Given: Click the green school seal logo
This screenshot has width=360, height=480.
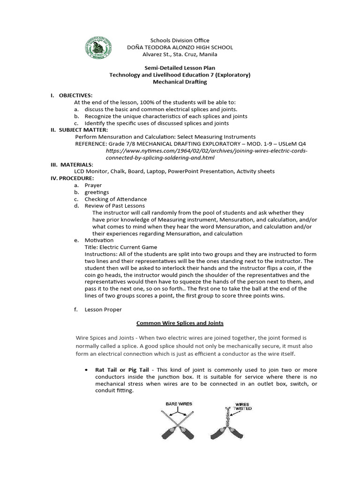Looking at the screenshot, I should (x=98, y=49).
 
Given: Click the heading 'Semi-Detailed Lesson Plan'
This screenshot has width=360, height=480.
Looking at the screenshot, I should (x=180, y=68).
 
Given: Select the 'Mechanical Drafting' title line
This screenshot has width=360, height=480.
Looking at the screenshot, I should (x=180, y=82).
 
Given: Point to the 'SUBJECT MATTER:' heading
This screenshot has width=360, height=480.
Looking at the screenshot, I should (x=82, y=130).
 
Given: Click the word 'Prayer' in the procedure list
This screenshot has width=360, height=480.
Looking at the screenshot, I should (x=93, y=185).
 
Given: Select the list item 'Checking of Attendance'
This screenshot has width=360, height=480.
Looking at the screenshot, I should (x=115, y=199).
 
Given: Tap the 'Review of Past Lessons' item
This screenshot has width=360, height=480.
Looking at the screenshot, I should (x=114, y=206).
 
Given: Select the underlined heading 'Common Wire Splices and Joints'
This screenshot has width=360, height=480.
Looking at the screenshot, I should (x=180, y=323).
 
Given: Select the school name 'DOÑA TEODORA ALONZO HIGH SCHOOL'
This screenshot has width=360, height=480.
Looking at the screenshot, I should (x=180, y=47).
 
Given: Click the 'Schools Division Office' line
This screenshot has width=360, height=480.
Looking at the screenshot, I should (x=180, y=40).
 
